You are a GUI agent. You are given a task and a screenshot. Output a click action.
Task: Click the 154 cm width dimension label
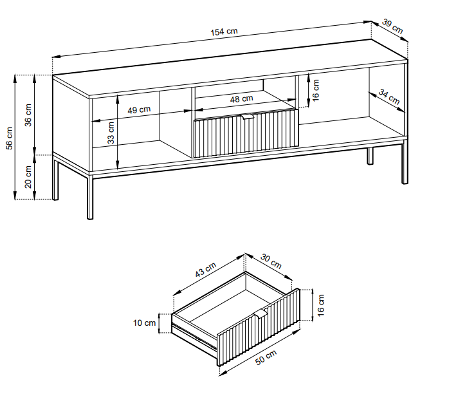[223, 33]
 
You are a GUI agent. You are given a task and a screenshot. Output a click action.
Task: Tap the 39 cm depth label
[392, 26]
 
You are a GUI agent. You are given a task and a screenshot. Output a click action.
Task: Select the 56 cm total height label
[10, 137]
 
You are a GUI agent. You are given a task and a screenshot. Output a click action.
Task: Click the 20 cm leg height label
[28, 176]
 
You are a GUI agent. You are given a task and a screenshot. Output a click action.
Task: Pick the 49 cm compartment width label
[139, 109]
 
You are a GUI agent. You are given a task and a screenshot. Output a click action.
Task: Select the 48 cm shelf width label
[241, 98]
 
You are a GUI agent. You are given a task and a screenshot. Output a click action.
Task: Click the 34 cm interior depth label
[389, 97]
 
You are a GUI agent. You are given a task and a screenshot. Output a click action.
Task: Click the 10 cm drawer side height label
[147, 323]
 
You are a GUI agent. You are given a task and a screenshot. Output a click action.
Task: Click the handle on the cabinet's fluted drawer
[248, 117]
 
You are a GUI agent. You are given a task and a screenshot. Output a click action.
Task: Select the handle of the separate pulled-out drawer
[260, 314]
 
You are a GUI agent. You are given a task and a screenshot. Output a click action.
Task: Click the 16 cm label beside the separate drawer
[322, 305]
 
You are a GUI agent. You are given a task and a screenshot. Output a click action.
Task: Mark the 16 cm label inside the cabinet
[315, 88]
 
